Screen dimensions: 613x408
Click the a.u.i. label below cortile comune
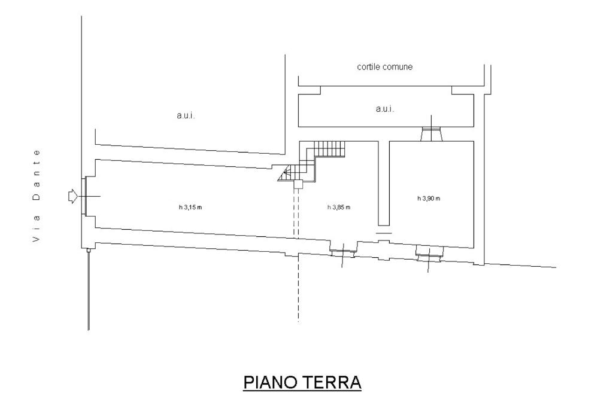click(x=384, y=109)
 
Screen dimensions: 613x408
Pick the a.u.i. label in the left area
click(x=186, y=116)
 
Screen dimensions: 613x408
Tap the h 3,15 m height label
click(x=191, y=208)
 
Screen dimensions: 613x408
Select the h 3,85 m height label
click(x=339, y=207)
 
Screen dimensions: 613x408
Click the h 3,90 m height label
click(x=429, y=199)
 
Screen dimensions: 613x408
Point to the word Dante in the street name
click(x=37, y=175)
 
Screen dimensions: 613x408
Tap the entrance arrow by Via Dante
click(x=72, y=196)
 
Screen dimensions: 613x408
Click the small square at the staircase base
click(x=298, y=185)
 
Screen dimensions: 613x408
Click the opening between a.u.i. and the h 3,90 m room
click(x=432, y=133)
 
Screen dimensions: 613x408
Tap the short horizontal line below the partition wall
click(x=384, y=232)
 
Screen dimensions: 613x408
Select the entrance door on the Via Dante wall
click(x=87, y=196)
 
